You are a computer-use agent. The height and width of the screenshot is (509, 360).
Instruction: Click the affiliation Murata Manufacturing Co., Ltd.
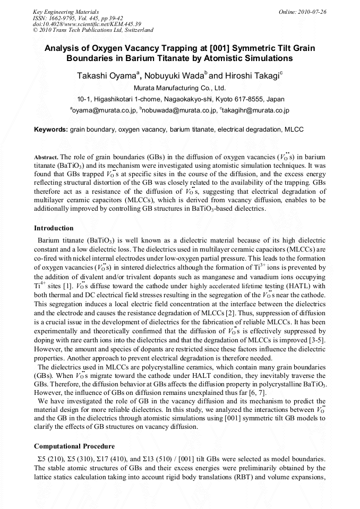[x=179, y=88]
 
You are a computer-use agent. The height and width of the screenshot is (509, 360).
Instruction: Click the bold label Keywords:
[x=51, y=130]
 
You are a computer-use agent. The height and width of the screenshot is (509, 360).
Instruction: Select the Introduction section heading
[x=54, y=228]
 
